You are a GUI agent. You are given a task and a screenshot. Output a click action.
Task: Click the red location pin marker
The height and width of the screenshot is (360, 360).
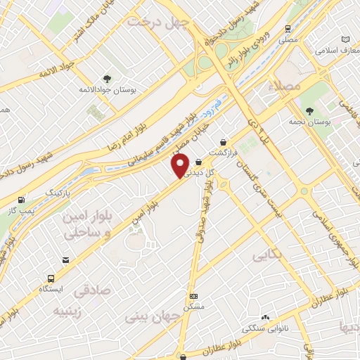[180, 166]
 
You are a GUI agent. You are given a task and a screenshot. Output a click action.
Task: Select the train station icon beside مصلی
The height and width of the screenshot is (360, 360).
[288, 29]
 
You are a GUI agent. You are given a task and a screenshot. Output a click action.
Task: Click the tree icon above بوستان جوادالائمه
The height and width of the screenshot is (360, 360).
[107, 79]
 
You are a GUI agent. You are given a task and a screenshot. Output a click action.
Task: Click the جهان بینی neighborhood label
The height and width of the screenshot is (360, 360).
[153, 316]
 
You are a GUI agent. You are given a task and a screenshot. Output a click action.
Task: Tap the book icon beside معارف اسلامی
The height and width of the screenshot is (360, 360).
[345, 39]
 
